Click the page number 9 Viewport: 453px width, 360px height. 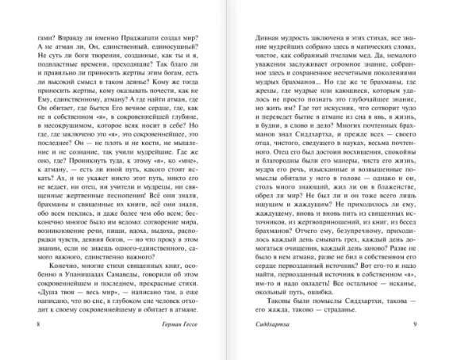click(x=429, y=325)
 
